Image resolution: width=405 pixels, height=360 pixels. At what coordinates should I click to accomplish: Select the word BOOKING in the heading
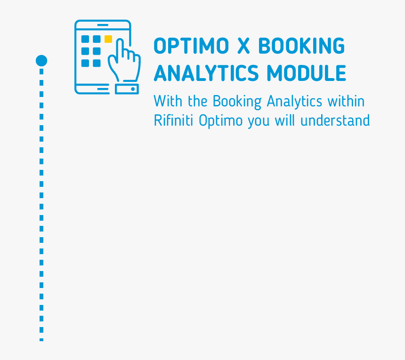(301, 46)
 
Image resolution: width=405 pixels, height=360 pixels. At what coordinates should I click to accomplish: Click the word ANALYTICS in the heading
(206, 73)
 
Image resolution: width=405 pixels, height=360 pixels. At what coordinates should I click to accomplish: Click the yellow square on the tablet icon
(108, 39)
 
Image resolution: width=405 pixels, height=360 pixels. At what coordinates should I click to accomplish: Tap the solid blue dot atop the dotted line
(41, 60)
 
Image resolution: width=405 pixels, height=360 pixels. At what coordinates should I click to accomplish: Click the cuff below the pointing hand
(127, 89)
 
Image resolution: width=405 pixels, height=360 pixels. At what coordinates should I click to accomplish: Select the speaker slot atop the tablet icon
(103, 25)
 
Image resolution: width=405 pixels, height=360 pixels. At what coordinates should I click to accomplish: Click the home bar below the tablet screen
(103, 88)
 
